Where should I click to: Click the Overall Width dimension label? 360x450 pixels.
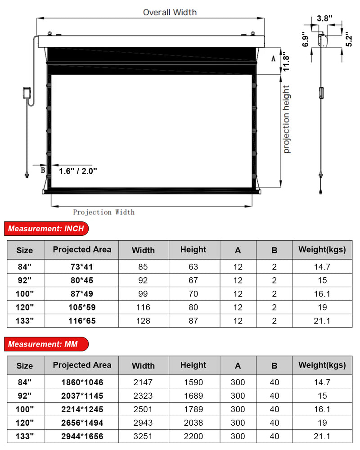[170, 12]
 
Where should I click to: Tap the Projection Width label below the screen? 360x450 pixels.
[103, 212]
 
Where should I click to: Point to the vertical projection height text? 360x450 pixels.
[287, 119]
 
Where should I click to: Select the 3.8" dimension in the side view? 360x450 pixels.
[324, 18]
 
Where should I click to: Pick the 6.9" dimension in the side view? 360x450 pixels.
[306, 40]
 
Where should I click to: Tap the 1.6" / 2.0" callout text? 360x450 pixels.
[78, 171]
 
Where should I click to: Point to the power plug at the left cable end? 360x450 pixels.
[27, 174]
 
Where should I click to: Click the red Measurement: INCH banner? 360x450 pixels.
[46, 229]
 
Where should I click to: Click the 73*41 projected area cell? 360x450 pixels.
[82, 267]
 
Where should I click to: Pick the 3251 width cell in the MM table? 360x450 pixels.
[143, 436]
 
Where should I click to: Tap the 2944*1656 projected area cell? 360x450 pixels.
[82, 436]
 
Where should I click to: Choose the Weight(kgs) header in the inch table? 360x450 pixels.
[322, 250]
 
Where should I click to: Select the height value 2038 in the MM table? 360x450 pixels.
[193, 423]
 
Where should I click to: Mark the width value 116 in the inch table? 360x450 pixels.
[143, 307]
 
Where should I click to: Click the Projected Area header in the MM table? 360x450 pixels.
[82, 365]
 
